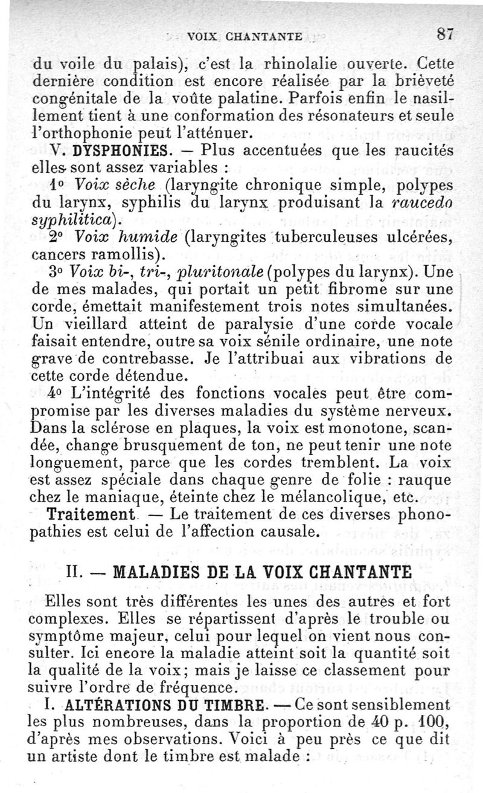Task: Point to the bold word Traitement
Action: click(89, 516)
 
